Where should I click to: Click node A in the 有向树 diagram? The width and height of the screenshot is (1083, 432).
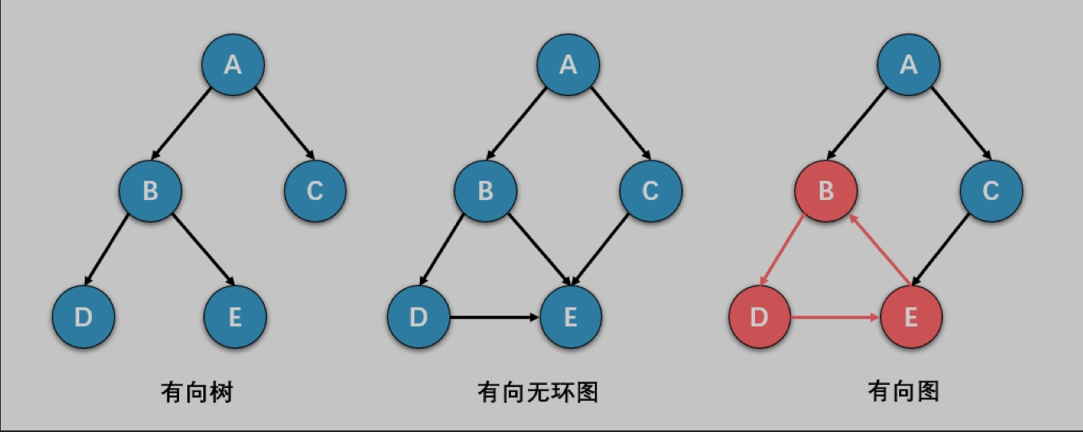[233, 64]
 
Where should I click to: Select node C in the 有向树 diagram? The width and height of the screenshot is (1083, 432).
[315, 190]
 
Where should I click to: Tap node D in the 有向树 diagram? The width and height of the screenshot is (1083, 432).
[83, 317]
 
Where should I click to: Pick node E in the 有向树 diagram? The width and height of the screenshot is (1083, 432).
[235, 317]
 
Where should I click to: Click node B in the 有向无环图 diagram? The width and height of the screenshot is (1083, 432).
[486, 190]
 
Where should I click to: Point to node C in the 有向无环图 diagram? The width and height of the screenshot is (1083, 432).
[650, 190]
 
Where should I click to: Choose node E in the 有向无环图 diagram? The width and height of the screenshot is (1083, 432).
[570, 317]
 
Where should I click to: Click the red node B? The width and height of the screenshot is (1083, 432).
[826, 190]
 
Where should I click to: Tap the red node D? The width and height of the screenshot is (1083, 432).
[760, 317]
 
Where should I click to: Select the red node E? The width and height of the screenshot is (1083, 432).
[911, 317]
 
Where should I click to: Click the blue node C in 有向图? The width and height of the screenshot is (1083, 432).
[991, 190]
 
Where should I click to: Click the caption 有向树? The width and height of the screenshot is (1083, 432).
[197, 392]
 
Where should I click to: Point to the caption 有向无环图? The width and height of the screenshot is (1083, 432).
[538, 392]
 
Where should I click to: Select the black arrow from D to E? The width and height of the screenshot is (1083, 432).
[494, 318]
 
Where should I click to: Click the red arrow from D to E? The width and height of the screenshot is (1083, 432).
[836, 318]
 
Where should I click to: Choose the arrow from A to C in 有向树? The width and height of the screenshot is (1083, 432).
[283, 121]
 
